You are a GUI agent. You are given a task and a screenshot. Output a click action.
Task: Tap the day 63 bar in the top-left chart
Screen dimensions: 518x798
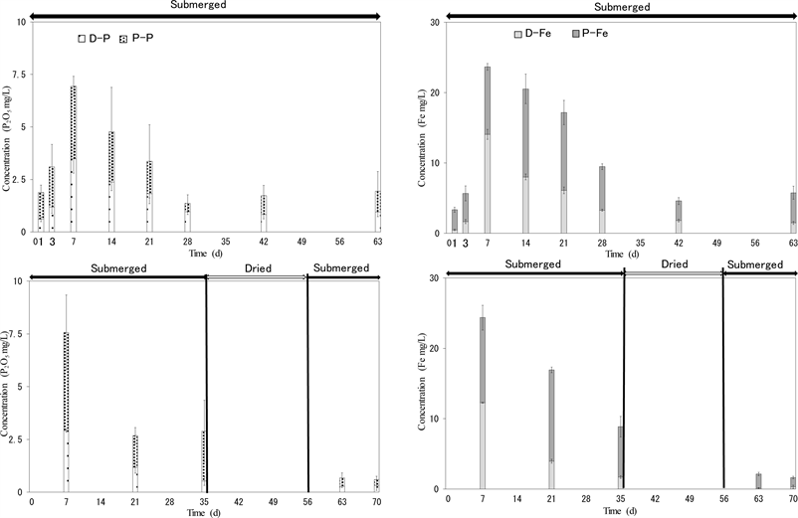pos(378,211)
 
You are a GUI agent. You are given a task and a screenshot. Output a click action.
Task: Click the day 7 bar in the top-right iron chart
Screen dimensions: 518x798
pos(488,150)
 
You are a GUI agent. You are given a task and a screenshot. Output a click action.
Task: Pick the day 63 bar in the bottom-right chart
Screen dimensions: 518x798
pos(758,481)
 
